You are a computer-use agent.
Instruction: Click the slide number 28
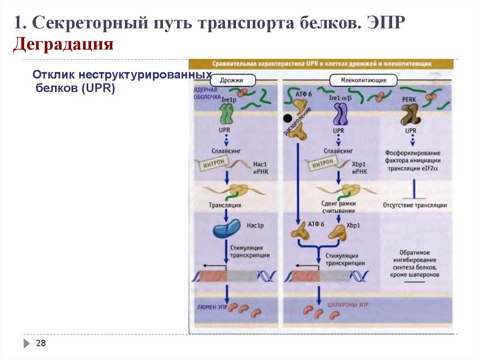tap(41, 344)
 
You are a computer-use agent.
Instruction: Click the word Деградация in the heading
tap(64, 45)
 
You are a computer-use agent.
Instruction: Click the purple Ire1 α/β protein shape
tap(341, 114)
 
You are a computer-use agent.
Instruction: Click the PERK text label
tap(410, 99)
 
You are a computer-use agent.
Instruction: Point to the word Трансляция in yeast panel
tap(225, 205)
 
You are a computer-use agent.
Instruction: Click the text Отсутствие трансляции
tap(415, 205)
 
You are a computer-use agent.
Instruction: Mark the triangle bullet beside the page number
tap(27, 344)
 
